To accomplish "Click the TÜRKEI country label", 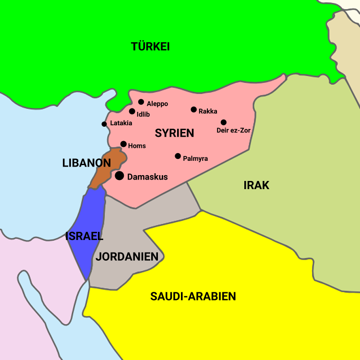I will pos(150,47).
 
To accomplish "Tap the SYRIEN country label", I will pos(174,133).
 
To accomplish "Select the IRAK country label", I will pos(256,185).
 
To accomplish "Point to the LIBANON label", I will pos(86,163).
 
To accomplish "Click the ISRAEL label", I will pos(84,236).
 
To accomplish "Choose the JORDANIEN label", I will pos(127,257).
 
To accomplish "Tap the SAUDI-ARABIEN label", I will pos(193,296).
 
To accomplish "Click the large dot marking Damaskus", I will pos(120,176).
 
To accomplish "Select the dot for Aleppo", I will pos(141,102).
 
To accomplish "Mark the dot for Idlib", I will pos(132,111).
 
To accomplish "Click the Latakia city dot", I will pos(104,124).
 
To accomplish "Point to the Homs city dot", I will pos(123,144).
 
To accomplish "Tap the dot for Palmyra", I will pos(178,156).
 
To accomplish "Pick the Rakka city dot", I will pos(194,109).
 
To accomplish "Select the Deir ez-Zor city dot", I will pos(224,122).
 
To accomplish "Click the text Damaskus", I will pos(147,177).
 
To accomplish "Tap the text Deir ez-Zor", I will pos(234,131).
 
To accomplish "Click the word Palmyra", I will pos(195,158).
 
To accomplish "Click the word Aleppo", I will pos(157,104).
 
